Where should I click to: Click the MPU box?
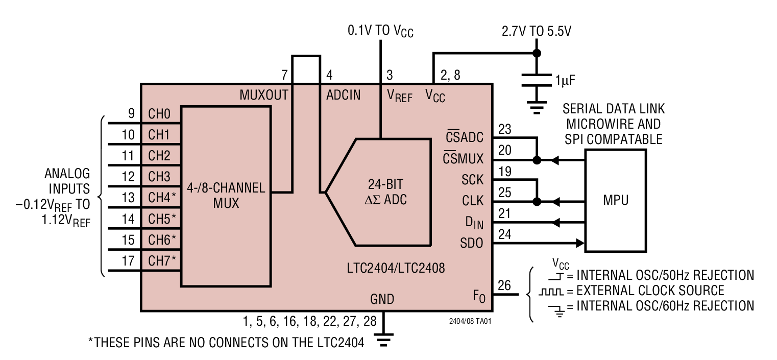615,200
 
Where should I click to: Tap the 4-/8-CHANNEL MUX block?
226,196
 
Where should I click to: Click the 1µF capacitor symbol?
536,80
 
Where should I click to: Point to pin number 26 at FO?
504,285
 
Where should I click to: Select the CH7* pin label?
162,260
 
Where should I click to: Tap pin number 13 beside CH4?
128,197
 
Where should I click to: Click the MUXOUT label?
264,95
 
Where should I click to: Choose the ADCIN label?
343,95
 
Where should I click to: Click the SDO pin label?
471,244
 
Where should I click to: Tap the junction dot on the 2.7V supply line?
536,53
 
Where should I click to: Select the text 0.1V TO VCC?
380,31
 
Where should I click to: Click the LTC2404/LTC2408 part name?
394,268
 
